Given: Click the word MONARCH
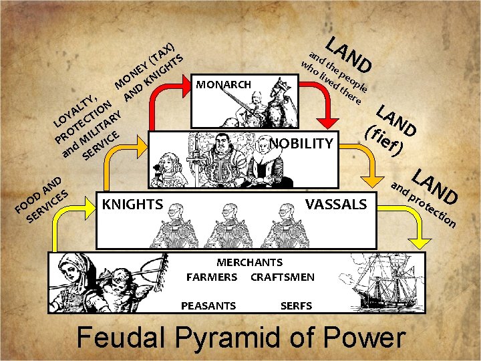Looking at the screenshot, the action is (223, 85).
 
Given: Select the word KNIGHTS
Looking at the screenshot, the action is (133, 204).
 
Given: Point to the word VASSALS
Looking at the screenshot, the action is (336, 204).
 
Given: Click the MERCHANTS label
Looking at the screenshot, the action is (249, 263).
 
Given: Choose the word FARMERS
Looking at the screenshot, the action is (211, 277).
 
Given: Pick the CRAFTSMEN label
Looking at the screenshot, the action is (282, 277).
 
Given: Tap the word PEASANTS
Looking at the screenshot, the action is (208, 306).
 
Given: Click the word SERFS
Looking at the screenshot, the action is (296, 306).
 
